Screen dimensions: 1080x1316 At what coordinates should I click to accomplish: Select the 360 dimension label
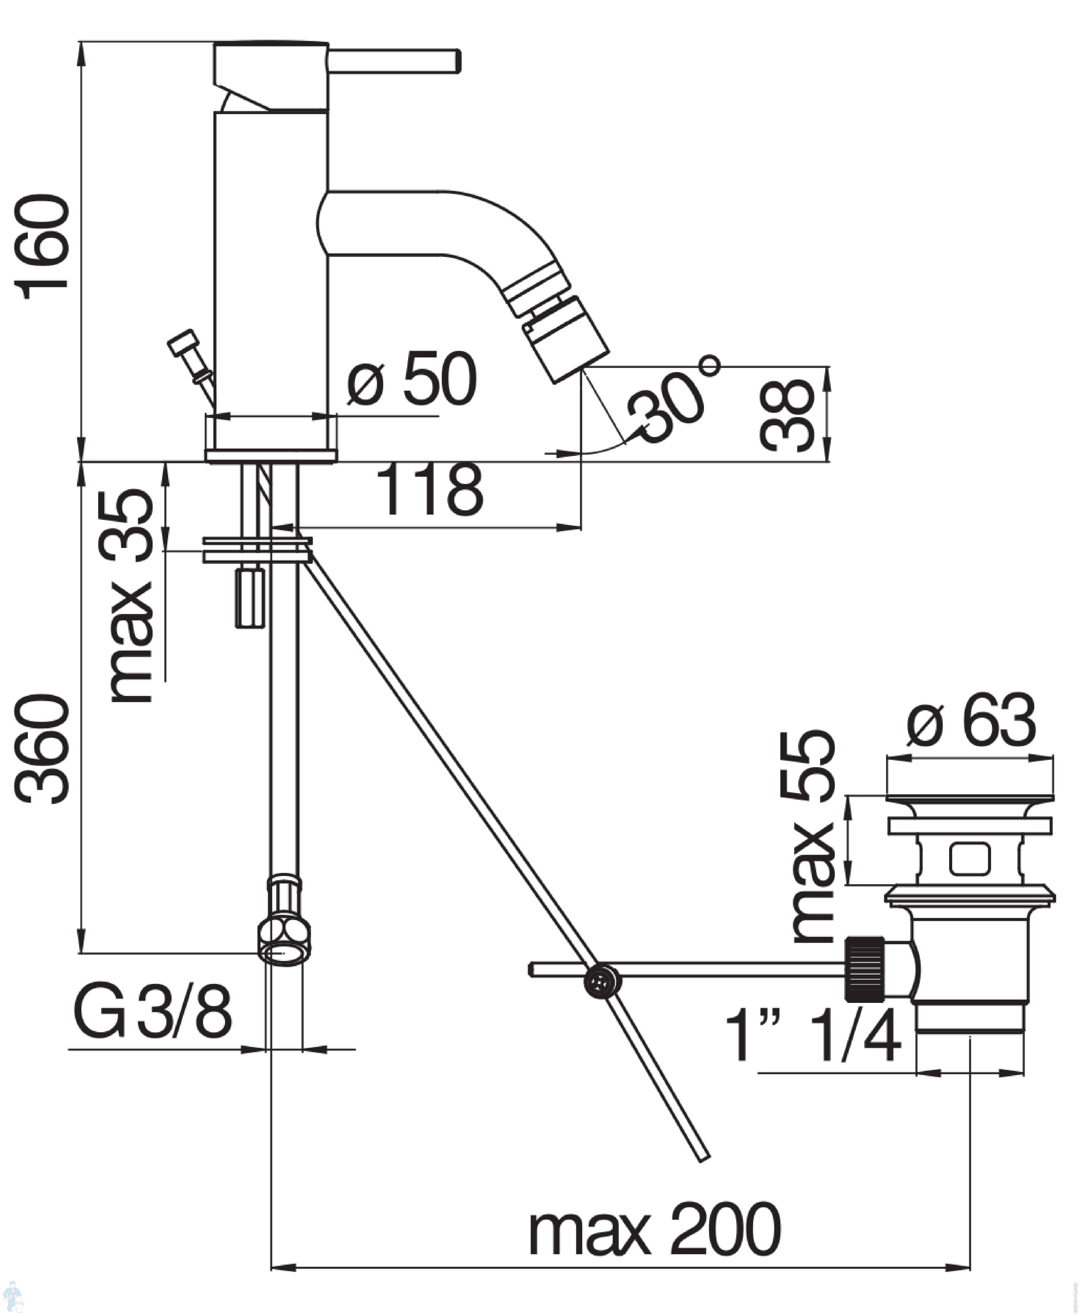click(42, 749)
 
